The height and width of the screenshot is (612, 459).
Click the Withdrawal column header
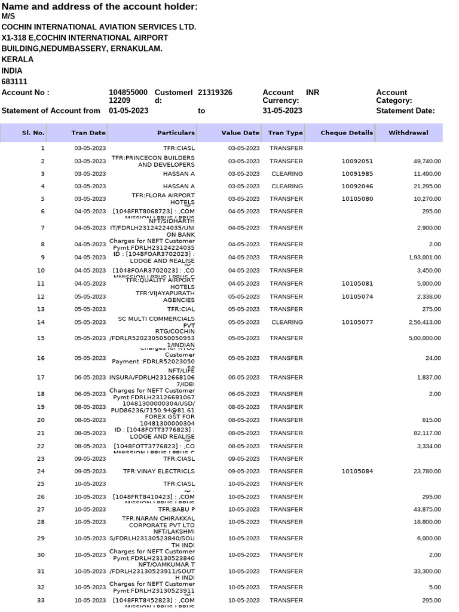point(408,133)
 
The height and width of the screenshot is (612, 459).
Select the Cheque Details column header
point(347,133)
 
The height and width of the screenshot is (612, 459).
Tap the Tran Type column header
point(285,133)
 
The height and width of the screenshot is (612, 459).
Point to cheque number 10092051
point(357,161)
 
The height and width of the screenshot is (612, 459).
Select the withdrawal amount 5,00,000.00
point(423,338)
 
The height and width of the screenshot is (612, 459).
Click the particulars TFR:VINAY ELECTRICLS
point(159,471)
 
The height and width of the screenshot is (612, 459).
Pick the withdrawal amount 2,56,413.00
point(423,322)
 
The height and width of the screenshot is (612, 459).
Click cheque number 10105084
point(357,471)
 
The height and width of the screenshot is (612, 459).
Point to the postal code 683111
point(14,81)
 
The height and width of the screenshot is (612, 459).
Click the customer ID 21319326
point(215,93)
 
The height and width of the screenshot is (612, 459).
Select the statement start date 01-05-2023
point(128,111)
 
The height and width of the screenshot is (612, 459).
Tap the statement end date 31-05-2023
point(282,111)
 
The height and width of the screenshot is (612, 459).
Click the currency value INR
point(313,93)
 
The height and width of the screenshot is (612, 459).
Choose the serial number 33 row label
point(41,600)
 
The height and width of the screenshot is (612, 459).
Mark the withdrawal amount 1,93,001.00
point(423,258)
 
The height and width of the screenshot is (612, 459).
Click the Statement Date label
point(405,111)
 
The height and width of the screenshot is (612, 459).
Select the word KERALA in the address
point(17,59)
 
